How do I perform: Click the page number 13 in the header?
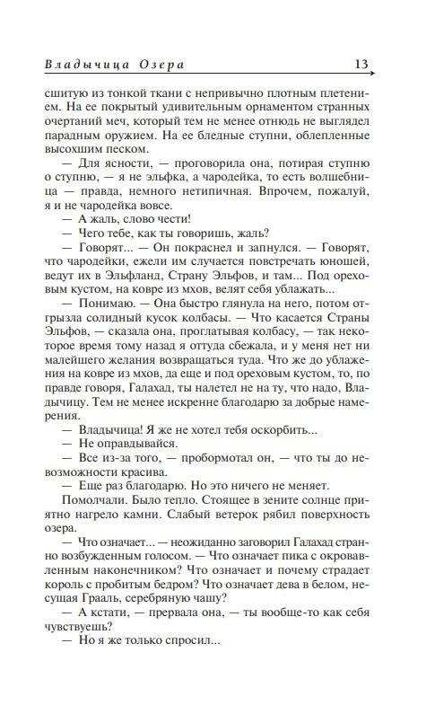point(360,64)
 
